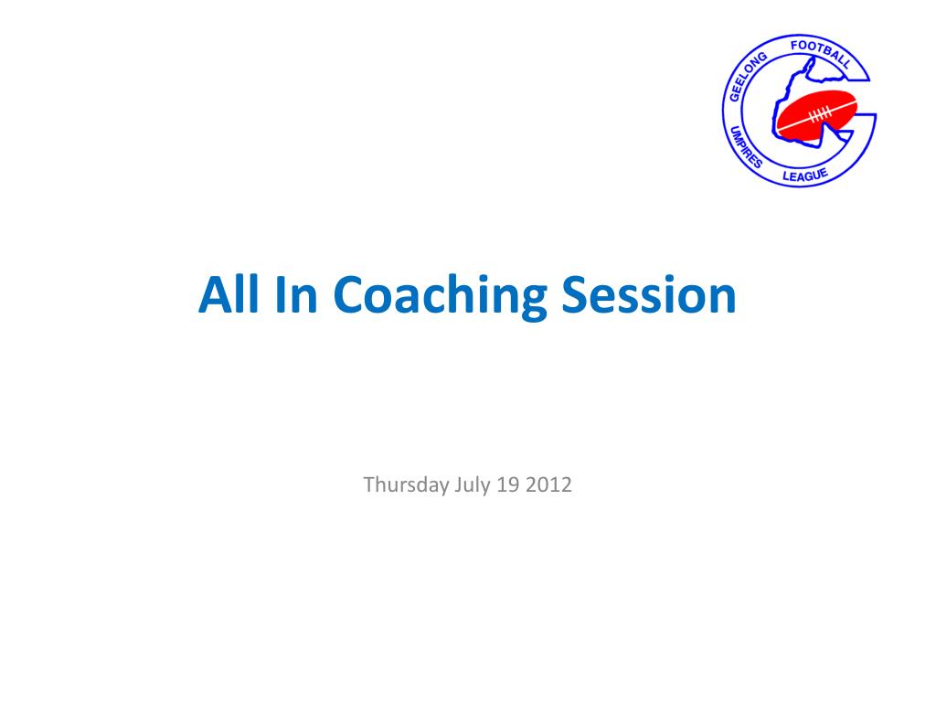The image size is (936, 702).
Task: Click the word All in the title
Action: click(229, 294)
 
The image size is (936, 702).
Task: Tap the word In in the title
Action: click(296, 294)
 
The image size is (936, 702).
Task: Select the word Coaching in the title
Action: click(440, 298)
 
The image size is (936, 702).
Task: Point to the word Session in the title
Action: click(649, 294)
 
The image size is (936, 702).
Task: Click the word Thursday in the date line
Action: click(406, 484)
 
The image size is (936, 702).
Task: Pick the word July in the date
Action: click(473, 485)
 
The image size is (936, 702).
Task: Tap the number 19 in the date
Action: click(508, 484)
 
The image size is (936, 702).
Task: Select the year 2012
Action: click(548, 484)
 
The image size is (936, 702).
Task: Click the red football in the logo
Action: click(816, 113)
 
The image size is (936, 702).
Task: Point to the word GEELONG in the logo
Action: click(747, 77)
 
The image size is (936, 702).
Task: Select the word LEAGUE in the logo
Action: click(805, 175)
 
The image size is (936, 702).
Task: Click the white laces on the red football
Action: click(820, 113)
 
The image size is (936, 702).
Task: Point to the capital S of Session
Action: click(575, 294)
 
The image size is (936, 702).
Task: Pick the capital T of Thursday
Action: click(369, 484)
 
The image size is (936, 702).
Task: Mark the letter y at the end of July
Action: click(485, 488)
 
